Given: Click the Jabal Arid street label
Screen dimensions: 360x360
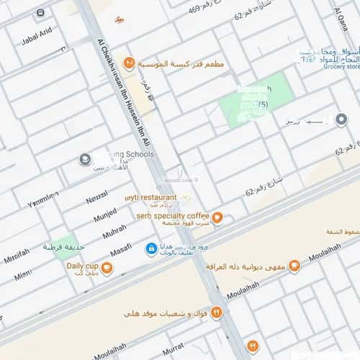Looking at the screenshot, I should [36, 36].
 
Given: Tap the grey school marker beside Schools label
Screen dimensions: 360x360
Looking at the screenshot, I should [85, 159].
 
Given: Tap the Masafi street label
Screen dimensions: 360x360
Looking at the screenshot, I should [120, 248].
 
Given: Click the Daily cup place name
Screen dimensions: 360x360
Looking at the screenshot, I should [81, 266].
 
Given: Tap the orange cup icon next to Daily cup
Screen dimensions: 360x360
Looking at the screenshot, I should [107, 269].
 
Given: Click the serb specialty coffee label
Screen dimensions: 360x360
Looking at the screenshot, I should [172, 215].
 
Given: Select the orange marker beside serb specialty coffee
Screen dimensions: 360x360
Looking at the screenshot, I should [217, 217].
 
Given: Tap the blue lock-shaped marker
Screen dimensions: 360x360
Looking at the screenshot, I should [151, 249].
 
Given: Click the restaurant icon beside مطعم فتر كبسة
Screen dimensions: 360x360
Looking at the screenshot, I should [129, 63].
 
